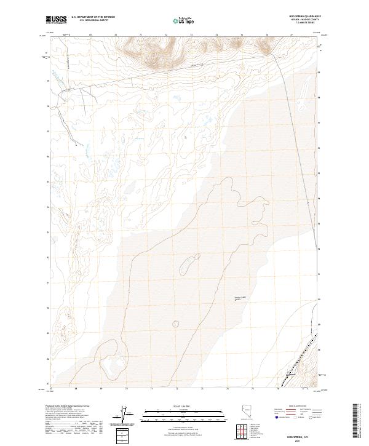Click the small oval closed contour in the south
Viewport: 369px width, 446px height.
click(x=177, y=323)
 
